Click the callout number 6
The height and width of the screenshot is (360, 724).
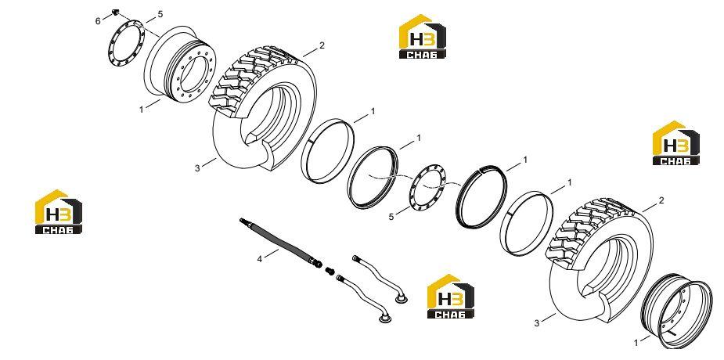click(97, 21)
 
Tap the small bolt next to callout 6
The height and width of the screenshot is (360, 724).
click(115, 12)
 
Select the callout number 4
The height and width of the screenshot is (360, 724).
click(260, 259)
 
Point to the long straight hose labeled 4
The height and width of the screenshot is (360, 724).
click(281, 243)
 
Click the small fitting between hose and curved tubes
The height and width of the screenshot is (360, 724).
click(330, 271)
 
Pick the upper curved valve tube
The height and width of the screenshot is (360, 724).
click(379, 279)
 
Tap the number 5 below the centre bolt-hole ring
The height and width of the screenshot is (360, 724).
click(391, 217)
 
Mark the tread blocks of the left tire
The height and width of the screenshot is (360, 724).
click(253, 79)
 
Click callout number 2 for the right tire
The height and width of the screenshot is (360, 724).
click(661, 201)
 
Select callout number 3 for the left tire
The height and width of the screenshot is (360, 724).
click(197, 168)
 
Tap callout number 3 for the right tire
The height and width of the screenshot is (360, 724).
click(536, 323)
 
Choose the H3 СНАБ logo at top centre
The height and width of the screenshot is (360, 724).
click(423, 37)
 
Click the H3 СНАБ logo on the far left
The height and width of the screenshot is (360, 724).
click(59, 212)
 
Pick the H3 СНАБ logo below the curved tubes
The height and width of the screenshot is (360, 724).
click(451, 297)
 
